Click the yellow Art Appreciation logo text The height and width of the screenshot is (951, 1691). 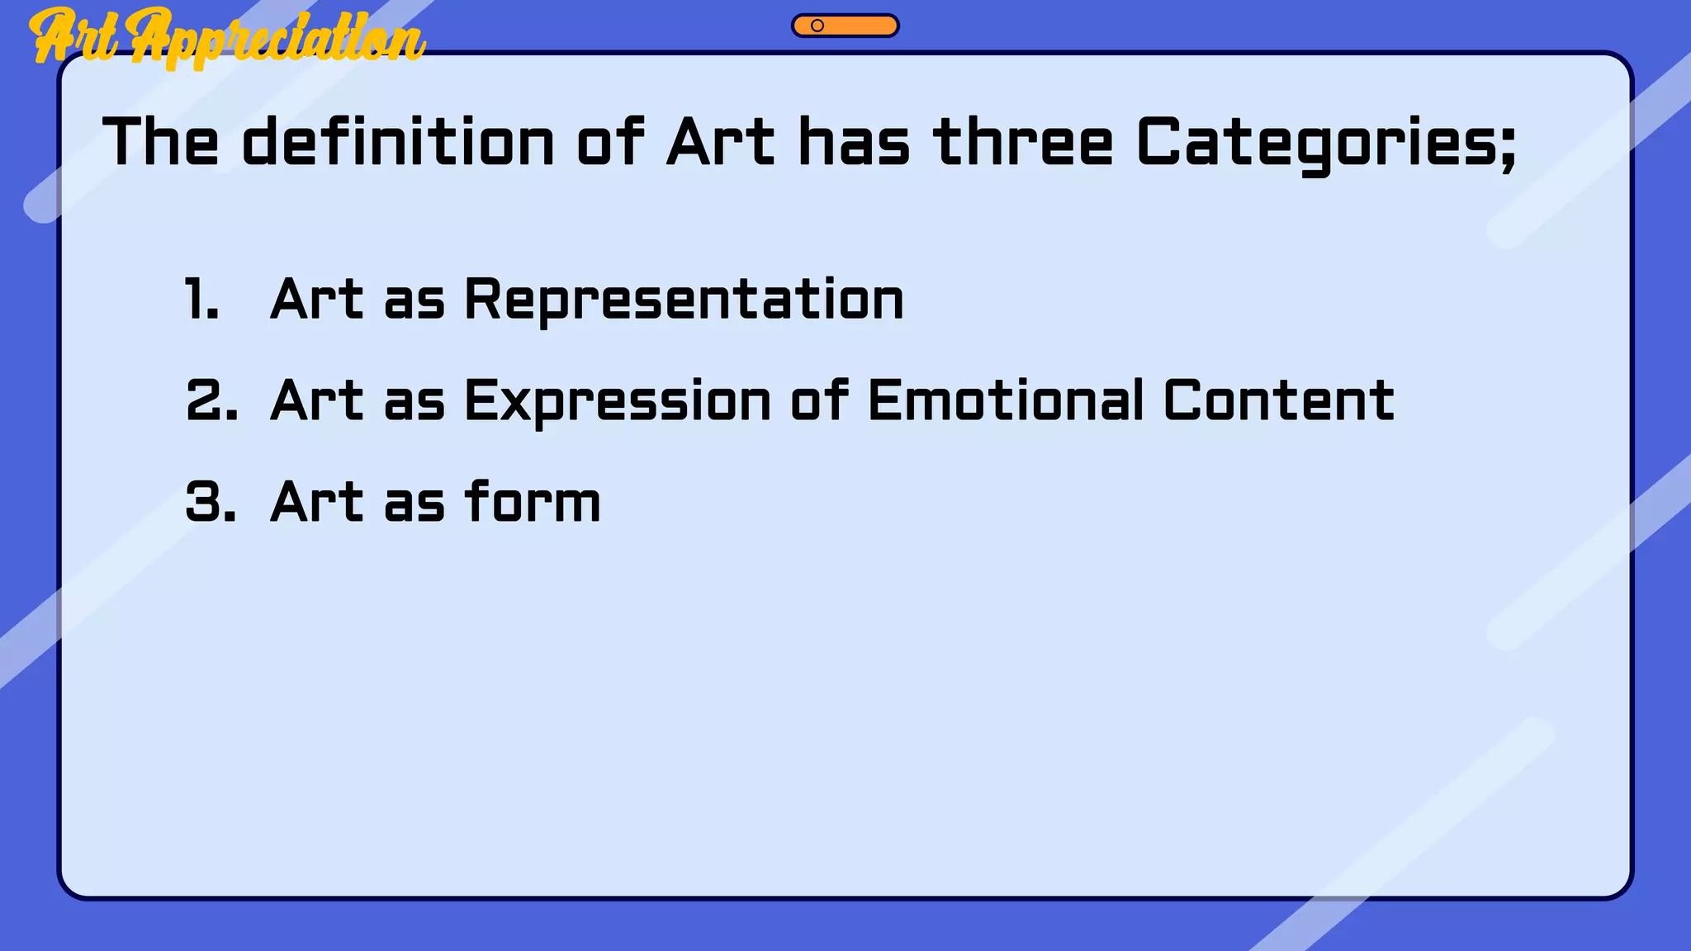[227, 37]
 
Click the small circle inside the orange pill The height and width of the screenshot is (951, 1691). [817, 26]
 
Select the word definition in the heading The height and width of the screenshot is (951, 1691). [398, 142]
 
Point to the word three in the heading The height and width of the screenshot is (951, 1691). [1024, 142]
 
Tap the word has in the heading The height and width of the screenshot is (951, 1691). [854, 142]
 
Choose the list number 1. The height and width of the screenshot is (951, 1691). [201, 299]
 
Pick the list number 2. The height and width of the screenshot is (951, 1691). [211, 400]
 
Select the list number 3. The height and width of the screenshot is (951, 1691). [211, 502]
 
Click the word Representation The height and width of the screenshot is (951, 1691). [684, 299]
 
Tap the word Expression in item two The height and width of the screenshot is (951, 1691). [618, 402]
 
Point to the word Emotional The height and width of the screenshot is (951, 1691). [1006, 400]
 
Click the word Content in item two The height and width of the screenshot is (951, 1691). [1279, 400]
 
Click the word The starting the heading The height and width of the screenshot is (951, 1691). [161, 142]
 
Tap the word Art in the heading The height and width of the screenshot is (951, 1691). [721, 142]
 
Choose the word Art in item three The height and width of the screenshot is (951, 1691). [316, 502]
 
